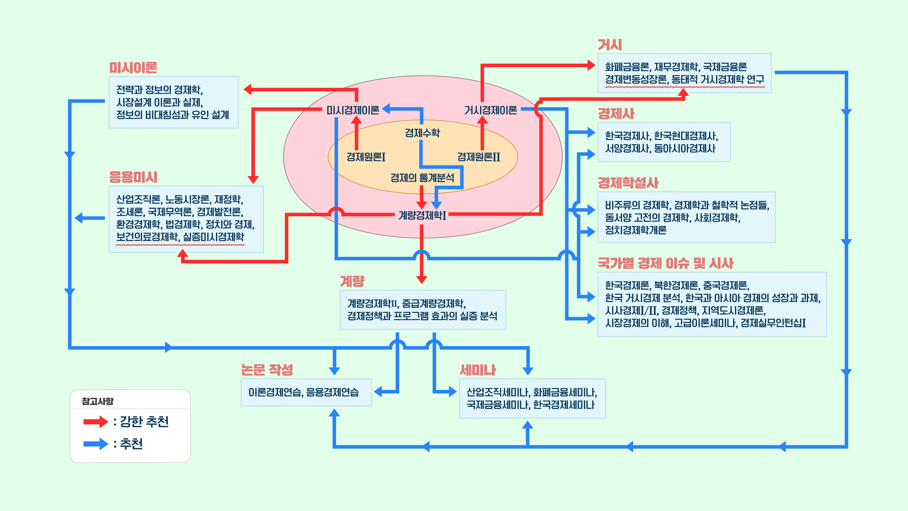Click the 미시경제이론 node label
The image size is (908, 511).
coord(352,110)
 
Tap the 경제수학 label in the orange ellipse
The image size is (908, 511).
coord(422,133)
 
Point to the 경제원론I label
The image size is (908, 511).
coord(366,157)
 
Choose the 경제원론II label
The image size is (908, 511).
coord(479,157)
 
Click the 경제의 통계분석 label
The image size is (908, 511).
coord(422,178)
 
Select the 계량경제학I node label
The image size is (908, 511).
coord(422,215)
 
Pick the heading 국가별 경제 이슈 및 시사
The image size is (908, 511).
coord(666,263)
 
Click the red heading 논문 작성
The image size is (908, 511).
coord(267,370)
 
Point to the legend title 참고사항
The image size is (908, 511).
coord(98,401)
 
